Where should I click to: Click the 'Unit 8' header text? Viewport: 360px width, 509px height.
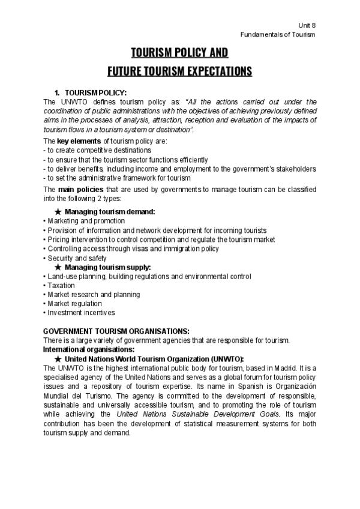[306, 25]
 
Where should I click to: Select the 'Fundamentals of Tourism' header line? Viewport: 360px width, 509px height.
[278, 34]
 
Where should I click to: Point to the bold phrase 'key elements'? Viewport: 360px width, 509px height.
[74, 140]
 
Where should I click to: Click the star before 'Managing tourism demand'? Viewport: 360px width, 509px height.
[58, 212]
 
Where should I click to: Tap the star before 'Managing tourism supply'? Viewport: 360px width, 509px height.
[58, 267]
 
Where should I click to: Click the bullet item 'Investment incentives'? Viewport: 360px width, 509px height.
[81, 313]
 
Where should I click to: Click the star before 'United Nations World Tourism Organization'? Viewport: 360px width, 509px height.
[58, 358]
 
